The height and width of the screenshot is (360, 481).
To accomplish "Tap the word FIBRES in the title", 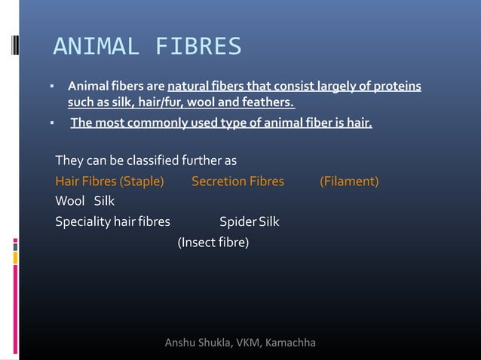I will (x=198, y=47).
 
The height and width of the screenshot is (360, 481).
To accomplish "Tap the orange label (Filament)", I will (x=349, y=182).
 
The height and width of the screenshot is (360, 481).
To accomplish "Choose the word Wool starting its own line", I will (x=70, y=202).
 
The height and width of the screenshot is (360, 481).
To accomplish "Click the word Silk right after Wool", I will (x=104, y=202).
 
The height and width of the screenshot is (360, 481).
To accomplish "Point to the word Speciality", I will (x=82, y=222).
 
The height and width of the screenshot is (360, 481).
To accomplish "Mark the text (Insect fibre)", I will (x=213, y=243).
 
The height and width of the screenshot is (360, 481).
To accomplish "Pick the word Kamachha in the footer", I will (x=290, y=344).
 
